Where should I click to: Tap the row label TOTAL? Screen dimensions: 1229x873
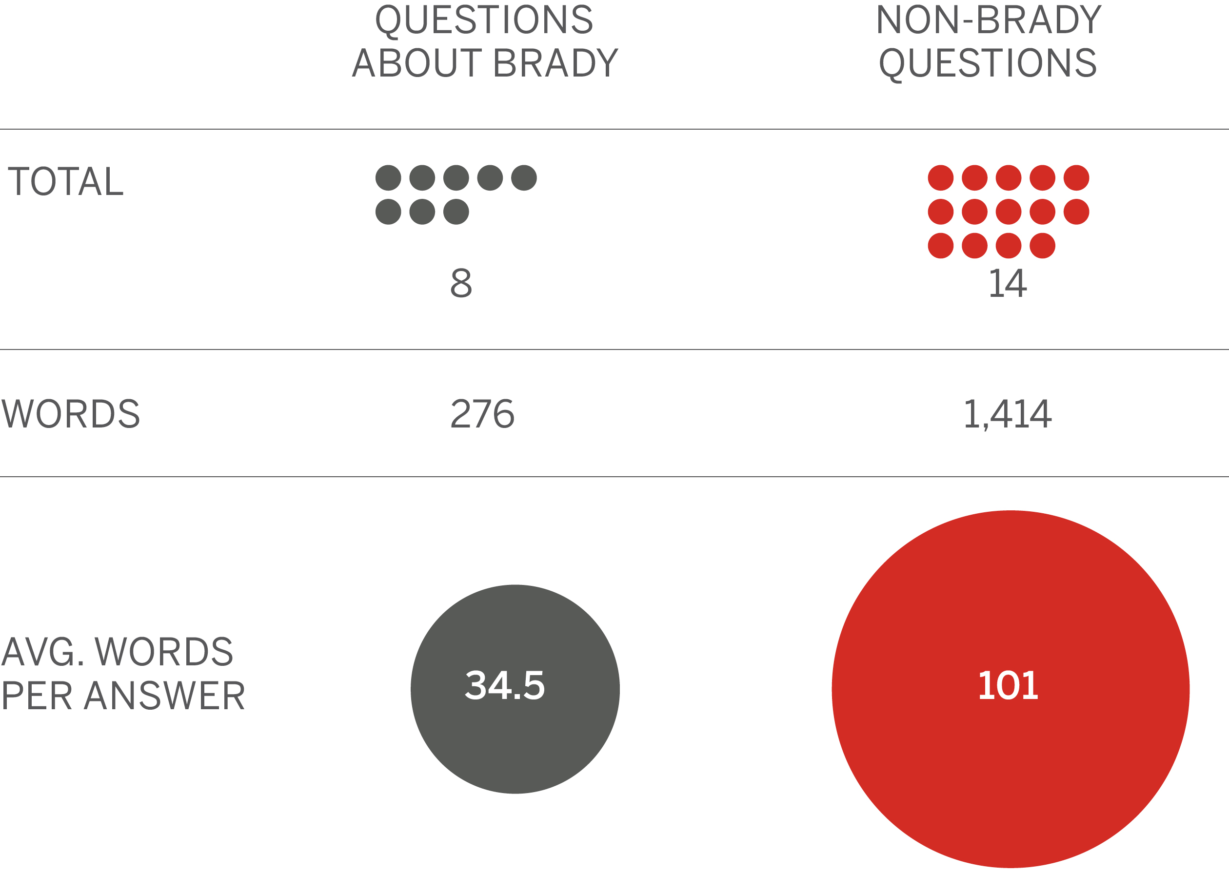pyautogui.click(x=66, y=181)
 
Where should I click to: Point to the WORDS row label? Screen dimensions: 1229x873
pyautogui.click(x=70, y=414)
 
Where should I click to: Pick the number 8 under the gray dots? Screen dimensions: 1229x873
pyautogui.click(x=461, y=283)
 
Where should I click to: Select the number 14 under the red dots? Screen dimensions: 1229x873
pyautogui.click(x=1008, y=283)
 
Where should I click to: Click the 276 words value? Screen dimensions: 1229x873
pyautogui.click(x=482, y=414)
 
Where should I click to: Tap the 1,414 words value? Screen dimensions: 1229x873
pyautogui.click(x=1008, y=414)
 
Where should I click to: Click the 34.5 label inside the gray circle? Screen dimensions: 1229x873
pyautogui.click(x=504, y=685)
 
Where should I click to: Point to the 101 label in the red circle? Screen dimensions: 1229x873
pyautogui.click(x=1008, y=685)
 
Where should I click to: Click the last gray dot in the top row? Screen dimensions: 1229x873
pyautogui.click(x=524, y=178)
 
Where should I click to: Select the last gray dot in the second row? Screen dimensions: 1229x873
pyautogui.click(x=456, y=212)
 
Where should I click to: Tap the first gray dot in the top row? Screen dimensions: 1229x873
pyautogui.click(x=388, y=178)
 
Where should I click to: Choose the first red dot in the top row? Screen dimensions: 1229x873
pyautogui.click(x=941, y=178)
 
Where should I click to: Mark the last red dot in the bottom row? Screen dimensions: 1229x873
pyautogui.click(x=1042, y=246)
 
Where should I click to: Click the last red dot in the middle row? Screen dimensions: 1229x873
pyautogui.click(x=1076, y=212)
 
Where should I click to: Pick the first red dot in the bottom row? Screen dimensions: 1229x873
pyautogui.click(x=941, y=246)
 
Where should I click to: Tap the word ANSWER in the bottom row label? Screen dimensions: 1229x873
pyautogui.click(x=164, y=696)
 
